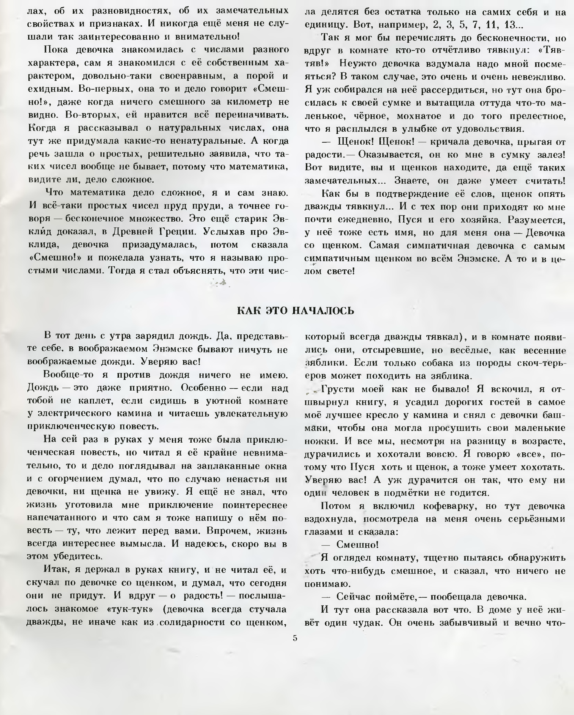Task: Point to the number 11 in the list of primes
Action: point(492,25)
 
